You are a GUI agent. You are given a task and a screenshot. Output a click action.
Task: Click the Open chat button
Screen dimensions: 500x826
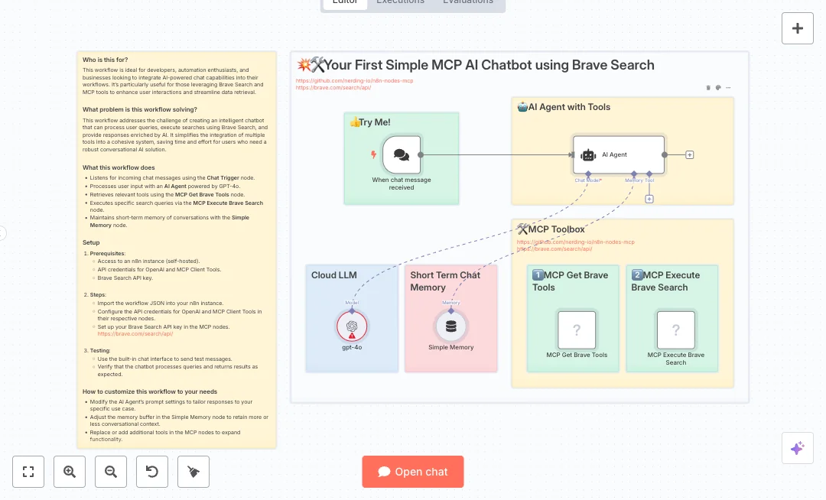(413, 472)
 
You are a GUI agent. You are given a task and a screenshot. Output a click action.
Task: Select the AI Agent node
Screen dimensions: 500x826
(619, 154)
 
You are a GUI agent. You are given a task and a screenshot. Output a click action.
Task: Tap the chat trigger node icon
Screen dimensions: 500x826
(402, 154)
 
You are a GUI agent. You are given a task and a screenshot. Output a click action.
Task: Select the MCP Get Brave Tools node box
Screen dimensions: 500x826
(577, 330)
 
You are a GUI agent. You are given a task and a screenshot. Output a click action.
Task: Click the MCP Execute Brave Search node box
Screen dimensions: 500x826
(676, 330)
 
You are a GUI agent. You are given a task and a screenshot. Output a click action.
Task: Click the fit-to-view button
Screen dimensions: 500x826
(28, 472)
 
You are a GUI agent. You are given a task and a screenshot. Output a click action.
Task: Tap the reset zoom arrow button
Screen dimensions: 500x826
(152, 472)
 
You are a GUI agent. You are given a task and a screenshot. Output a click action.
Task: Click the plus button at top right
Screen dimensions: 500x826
(798, 28)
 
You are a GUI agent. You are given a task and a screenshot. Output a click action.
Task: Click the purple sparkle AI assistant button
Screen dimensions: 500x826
(797, 448)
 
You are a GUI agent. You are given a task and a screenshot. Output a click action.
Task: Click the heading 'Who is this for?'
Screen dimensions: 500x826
(106, 60)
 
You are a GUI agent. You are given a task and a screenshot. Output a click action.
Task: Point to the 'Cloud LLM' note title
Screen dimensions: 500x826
(334, 275)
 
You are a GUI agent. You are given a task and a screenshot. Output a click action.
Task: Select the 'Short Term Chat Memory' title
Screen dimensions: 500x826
(445, 281)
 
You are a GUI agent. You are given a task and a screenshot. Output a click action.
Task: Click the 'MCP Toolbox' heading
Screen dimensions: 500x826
(556, 229)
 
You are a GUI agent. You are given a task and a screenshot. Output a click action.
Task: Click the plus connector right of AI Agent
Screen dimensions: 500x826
(690, 154)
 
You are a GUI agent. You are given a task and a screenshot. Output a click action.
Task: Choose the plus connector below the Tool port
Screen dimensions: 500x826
(649, 199)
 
